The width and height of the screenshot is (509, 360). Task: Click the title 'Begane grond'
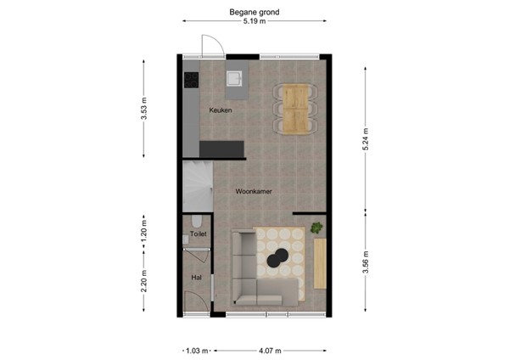click(255, 12)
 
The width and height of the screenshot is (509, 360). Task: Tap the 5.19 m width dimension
click(255, 22)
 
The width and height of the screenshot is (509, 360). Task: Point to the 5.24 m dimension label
click(366, 145)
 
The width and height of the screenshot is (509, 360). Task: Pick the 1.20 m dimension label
click(143, 233)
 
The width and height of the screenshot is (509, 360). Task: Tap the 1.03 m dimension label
click(197, 349)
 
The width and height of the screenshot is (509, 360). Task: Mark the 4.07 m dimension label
click(271, 349)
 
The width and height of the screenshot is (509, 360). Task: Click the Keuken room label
click(220, 110)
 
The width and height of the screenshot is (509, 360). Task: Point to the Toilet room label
click(198, 233)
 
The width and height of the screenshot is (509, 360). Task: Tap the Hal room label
click(196, 278)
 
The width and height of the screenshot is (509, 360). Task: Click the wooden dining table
click(296, 109)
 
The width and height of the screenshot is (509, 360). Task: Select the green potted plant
click(316, 228)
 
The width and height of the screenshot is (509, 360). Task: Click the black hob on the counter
click(189, 81)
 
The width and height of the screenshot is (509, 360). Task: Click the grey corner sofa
click(255, 280)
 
